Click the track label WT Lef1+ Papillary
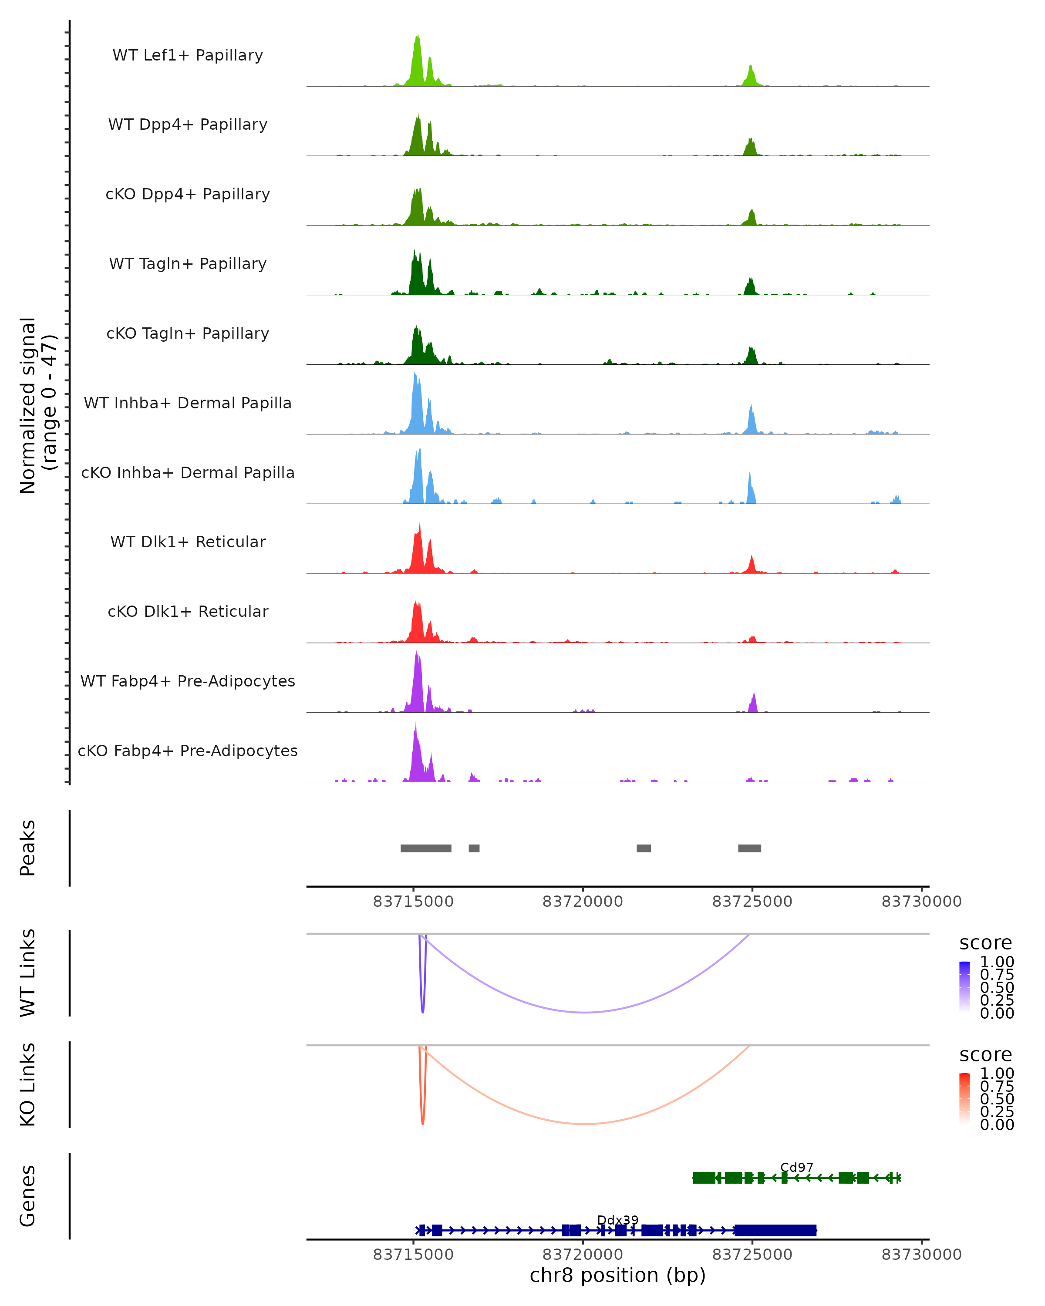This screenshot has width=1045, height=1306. (x=188, y=55)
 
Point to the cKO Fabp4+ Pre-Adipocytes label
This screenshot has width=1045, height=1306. (x=188, y=751)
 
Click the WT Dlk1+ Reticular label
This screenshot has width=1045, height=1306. (x=188, y=542)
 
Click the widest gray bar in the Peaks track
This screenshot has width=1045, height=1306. (x=425, y=848)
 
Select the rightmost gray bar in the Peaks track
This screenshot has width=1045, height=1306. (x=749, y=848)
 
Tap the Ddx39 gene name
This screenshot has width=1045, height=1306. (x=617, y=1220)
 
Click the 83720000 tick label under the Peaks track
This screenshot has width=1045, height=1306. (x=582, y=902)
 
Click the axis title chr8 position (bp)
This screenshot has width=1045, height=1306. (x=617, y=1275)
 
